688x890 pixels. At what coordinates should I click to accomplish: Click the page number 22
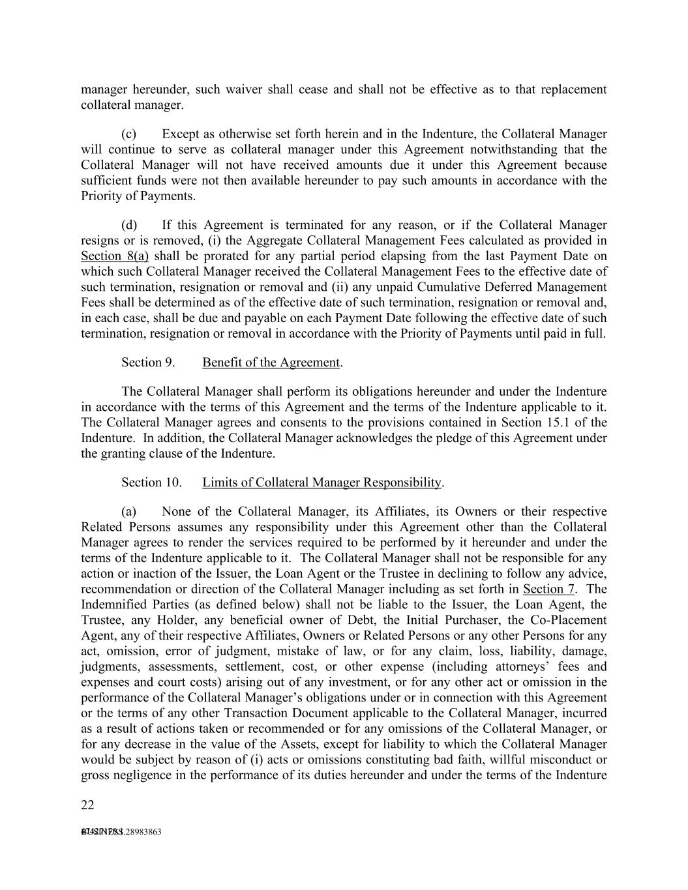click(x=87, y=805)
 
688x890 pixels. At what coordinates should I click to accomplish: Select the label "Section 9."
click(x=148, y=363)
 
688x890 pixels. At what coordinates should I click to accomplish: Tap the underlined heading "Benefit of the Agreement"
click(x=271, y=363)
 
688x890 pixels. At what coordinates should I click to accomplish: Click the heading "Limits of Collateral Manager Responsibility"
click(x=322, y=482)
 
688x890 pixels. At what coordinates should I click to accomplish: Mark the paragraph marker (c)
click(x=129, y=134)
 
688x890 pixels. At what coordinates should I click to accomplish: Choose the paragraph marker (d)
click(x=129, y=225)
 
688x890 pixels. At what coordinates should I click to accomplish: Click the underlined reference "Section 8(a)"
click(x=115, y=256)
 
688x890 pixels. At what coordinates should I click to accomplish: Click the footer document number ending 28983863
click(x=121, y=832)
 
